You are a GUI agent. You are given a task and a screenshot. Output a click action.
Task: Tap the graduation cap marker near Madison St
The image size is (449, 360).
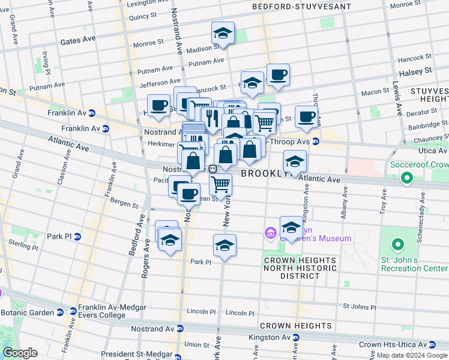(223, 34)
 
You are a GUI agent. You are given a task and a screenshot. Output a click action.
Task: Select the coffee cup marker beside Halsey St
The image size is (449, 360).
(278, 76)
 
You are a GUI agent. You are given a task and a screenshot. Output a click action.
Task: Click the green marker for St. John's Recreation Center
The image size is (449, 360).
(396, 245)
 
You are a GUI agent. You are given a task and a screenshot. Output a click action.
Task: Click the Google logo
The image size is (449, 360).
(20, 353)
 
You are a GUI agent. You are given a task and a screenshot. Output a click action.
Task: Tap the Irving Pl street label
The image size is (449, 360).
(46, 63)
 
